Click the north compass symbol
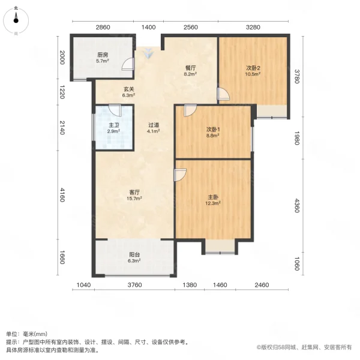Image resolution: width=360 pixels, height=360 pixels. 16,21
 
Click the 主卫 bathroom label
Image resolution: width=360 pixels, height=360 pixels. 113,127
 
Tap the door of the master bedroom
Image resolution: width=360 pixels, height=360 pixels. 179,175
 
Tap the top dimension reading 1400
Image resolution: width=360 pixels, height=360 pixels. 148,28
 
